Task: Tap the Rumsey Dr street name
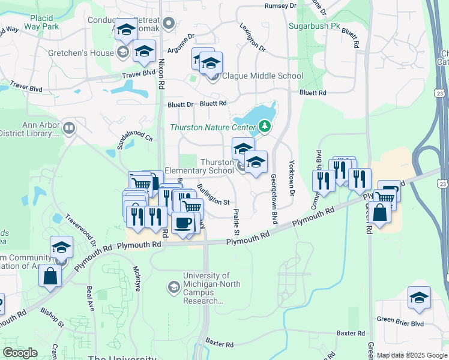[280, 5]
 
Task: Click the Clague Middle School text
[263, 76]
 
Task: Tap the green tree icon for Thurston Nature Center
[263, 126]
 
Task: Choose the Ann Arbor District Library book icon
[70, 128]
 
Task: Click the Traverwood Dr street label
[80, 231]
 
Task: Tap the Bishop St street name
[52, 317]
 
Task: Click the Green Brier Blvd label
[400, 323]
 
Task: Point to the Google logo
[20, 353]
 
